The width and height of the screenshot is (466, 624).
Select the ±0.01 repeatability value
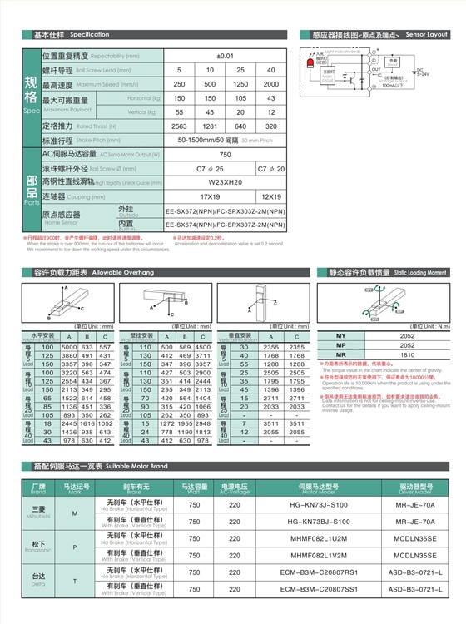coord(225,56)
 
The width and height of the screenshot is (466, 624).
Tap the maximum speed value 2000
coord(270,84)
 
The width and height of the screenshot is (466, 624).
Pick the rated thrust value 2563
coord(179,126)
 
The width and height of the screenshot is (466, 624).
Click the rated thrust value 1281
coord(210,126)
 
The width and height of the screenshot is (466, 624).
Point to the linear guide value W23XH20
coord(225,182)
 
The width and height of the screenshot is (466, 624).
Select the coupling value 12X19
coord(270,196)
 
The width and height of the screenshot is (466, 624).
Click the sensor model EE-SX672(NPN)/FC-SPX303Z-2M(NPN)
coord(225,210)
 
